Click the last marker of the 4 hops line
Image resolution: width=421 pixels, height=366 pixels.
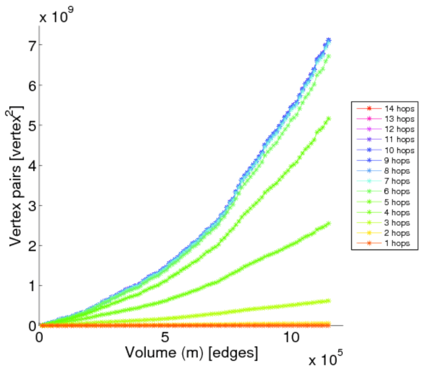pos(329,223)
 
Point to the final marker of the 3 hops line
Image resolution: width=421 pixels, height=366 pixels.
pos(329,301)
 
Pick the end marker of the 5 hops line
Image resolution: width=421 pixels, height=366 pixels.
pos(329,119)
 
